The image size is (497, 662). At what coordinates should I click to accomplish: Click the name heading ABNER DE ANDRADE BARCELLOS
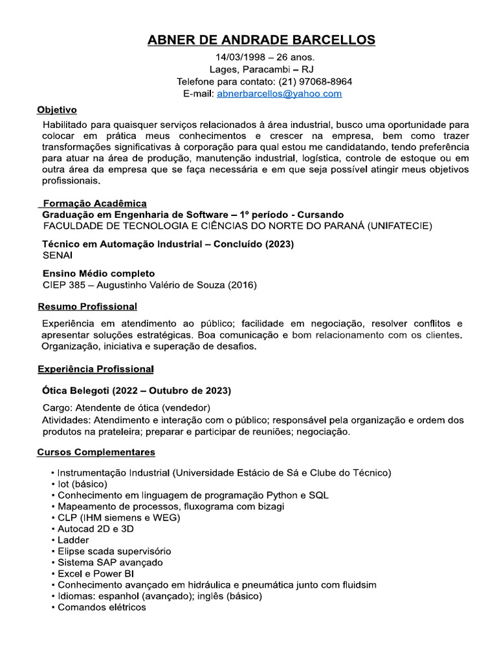(x=261, y=40)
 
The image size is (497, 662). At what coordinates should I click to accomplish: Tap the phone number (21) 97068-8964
(x=315, y=81)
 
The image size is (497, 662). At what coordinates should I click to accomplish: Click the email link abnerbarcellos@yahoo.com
(x=279, y=94)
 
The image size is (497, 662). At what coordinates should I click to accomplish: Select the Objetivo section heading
(x=57, y=109)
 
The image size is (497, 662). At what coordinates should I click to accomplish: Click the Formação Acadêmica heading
(x=94, y=203)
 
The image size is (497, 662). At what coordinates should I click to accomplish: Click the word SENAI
(x=58, y=255)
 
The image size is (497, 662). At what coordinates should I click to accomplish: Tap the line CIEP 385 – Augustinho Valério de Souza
(x=149, y=285)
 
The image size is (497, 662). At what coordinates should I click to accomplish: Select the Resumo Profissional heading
(x=87, y=306)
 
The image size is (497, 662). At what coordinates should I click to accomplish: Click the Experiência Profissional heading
(x=95, y=369)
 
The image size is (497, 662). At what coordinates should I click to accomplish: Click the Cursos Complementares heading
(x=96, y=451)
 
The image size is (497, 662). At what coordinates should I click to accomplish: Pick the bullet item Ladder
(x=73, y=540)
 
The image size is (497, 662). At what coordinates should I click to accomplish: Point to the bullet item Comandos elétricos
(x=102, y=607)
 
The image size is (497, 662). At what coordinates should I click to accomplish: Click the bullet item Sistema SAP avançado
(x=110, y=562)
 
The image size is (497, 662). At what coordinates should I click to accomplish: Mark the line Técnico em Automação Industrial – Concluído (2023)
(x=168, y=244)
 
